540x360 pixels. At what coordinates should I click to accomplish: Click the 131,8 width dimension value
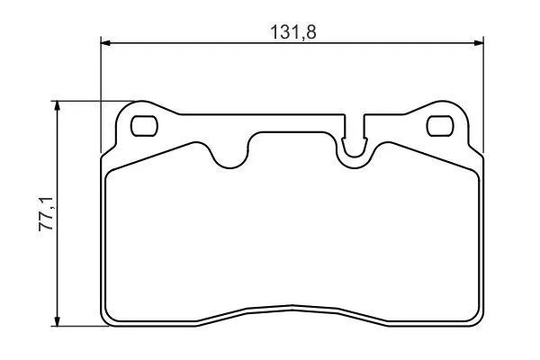click(293, 32)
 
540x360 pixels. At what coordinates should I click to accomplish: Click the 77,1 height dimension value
click(46, 214)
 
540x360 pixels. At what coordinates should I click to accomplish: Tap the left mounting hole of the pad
click(144, 126)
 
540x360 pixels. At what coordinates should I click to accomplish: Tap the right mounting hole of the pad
click(440, 126)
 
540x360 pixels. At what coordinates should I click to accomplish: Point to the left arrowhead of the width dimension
click(105, 43)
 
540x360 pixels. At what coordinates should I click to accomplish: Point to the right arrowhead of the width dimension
click(479, 43)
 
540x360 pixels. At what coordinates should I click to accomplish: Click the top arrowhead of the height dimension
click(58, 106)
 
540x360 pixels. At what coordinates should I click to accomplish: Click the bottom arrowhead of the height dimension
click(58, 321)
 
